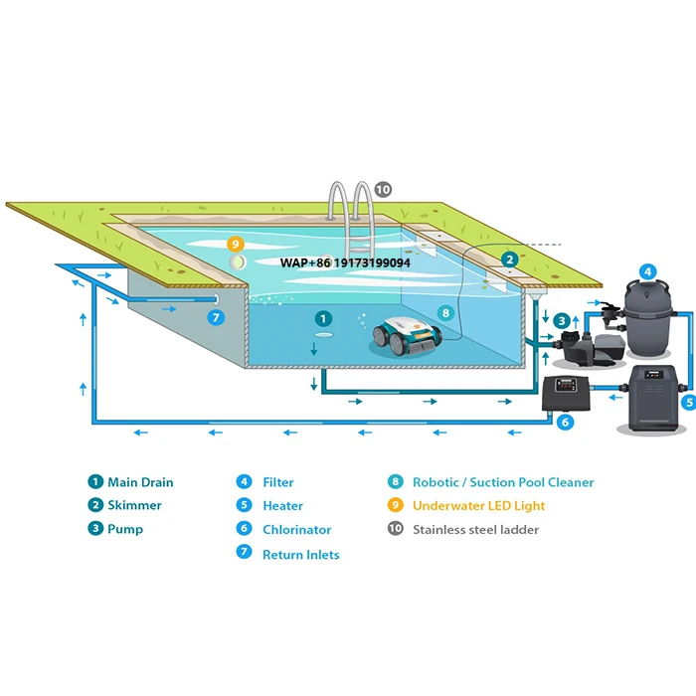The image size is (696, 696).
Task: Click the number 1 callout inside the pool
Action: pyautogui.click(x=322, y=319)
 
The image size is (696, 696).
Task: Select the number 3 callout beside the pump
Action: pyautogui.click(x=562, y=320)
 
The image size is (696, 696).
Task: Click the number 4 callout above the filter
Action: pyautogui.click(x=647, y=269)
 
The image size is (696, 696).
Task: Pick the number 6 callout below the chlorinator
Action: pyautogui.click(x=566, y=422)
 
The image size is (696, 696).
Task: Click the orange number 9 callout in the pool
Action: pyautogui.click(x=236, y=243)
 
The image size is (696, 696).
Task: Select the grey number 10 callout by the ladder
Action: pyautogui.click(x=383, y=189)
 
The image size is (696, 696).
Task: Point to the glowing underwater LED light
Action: pyautogui.click(x=238, y=261)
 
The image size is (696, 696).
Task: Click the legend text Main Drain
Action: pyautogui.click(x=140, y=482)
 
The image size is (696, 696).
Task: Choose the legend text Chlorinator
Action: pyautogui.click(x=296, y=530)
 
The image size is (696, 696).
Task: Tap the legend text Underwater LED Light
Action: pyautogui.click(x=478, y=506)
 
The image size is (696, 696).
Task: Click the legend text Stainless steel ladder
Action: pyautogui.click(x=475, y=530)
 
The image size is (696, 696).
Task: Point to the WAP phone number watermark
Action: pyautogui.click(x=345, y=262)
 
